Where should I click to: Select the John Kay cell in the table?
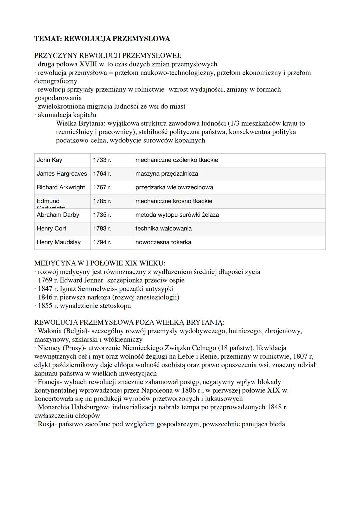click(x=49, y=160)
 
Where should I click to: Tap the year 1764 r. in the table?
click(x=102, y=174)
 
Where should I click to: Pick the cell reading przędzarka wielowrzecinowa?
click(x=174, y=187)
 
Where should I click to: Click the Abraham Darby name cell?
click(x=58, y=215)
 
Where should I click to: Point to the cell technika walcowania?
click(x=163, y=228)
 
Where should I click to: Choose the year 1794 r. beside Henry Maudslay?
click(x=102, y=242)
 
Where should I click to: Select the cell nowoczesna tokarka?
click(x=163, y=242)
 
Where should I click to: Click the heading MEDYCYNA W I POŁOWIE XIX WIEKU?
click(x=100, y=263)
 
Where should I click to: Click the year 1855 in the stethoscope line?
click(x=45, y=306)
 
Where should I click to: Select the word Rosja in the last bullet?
click(x=46, y=424)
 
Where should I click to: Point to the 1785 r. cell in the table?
click(x=102, y=201)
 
